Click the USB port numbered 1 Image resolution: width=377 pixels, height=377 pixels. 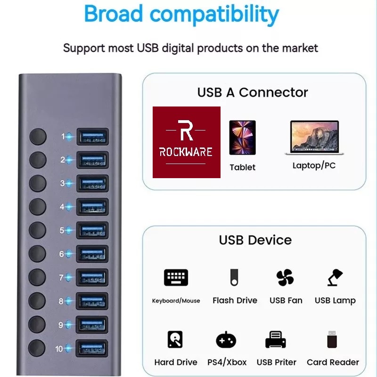(x=92, y=137)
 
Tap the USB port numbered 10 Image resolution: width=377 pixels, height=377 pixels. (x=92, y=349)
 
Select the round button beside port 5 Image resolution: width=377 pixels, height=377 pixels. (x=38, y=230)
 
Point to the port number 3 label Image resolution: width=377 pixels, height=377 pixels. (x=62, y=183)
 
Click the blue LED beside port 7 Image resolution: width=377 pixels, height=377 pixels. (x=69, y=278)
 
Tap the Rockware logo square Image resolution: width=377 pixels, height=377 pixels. (x=187, y=142)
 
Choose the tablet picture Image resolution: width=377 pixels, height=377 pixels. (x=242, y=138)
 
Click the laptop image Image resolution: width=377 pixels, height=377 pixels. (x=314, y=138)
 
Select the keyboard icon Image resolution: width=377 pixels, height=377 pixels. (x=176, y=278)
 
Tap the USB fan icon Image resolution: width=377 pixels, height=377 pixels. (x=285, y=278)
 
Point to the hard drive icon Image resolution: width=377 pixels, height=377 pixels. (x=175, y=339)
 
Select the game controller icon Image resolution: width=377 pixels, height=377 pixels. (x=226, y=340)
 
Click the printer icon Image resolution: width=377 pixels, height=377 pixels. (x=276, y=339)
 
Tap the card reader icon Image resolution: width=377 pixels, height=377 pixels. (x=332, y=340)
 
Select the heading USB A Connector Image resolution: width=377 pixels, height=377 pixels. (x=253, y=92)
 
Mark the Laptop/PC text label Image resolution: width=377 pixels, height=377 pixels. (x=314, y=165)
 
